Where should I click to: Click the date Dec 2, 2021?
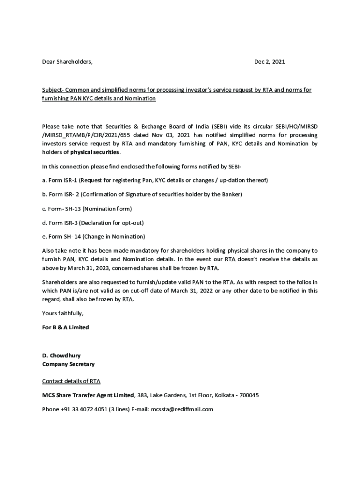[269, 61]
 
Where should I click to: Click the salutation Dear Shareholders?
[67, 61]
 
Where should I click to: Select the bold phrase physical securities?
[95, 152]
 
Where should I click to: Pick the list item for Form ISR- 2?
[142, 194]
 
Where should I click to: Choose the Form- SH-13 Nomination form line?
[87, 208]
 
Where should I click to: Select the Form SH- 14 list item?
[94, 236]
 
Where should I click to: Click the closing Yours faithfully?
[63, 313]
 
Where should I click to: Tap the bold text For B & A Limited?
[65, 327]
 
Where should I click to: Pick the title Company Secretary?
[68, 364]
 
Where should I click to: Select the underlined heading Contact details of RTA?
[71, 381]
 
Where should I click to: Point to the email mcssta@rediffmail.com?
[182, 409]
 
